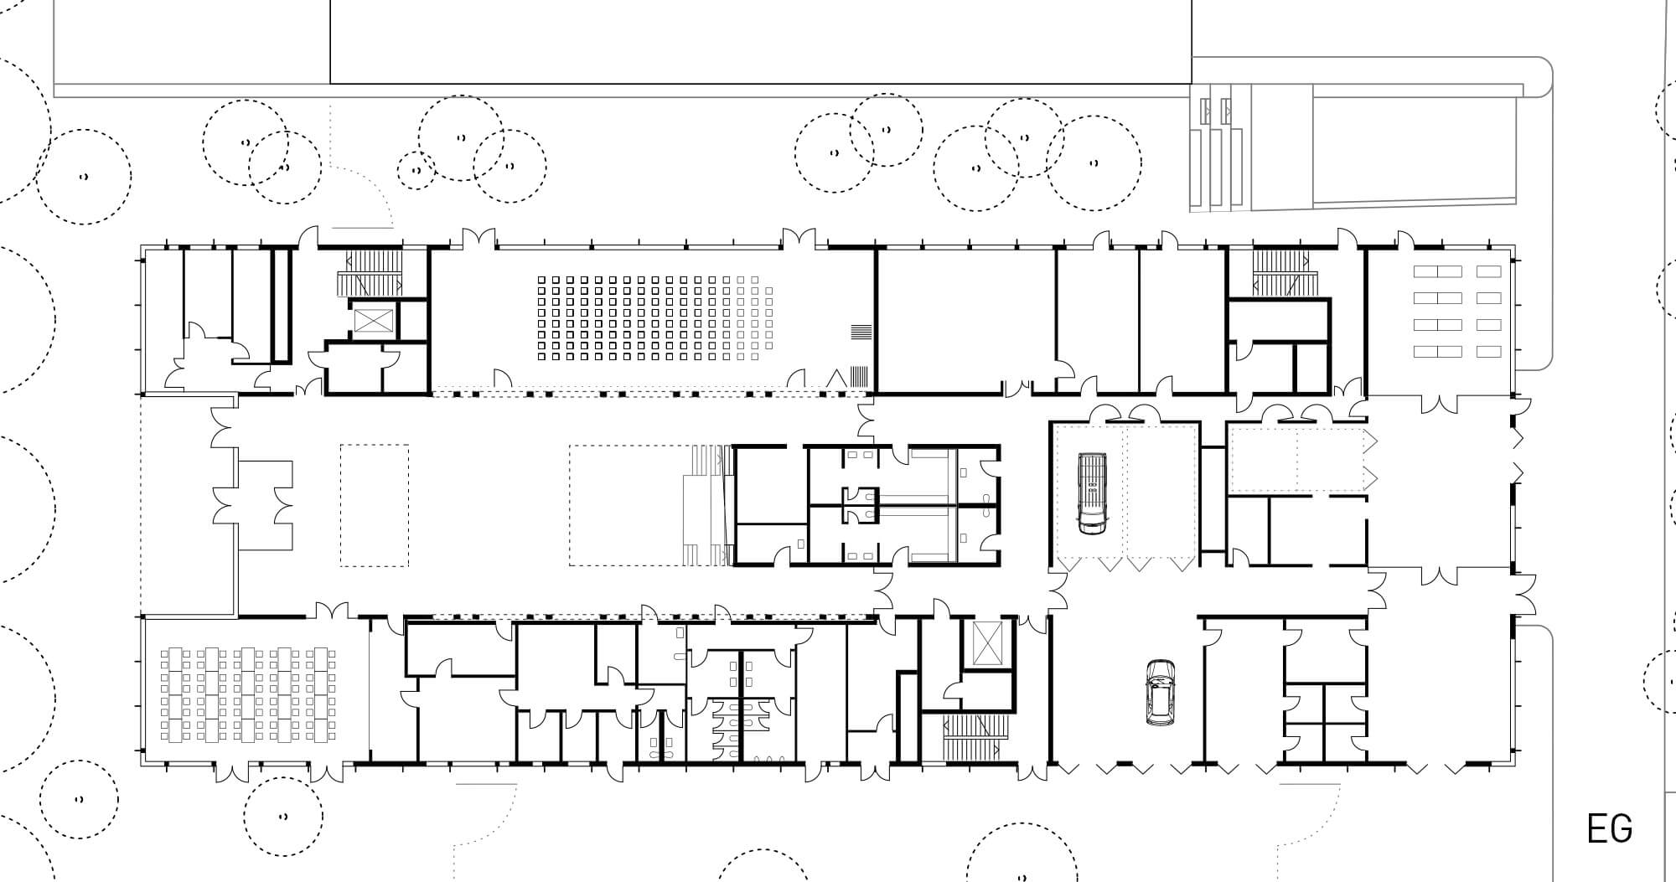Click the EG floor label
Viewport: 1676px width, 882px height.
pyautogui.click(x=1610, y=828)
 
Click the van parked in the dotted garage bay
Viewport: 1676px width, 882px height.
pyautogui.click(x=1090, y=493)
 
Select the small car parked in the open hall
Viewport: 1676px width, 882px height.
pyautogui.click(x=1161, y=692)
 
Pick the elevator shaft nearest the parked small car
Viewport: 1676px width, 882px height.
pyautogui.click(x=985, y=644)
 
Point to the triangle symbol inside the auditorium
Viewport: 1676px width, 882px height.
pyautogui.click(x=835, y=378)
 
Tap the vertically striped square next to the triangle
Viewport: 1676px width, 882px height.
pyautogui.click(x=860, y=376)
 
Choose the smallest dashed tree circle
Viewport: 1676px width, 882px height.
pyautogui.click(x=416, y=171)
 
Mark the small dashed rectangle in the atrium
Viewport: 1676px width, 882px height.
pyautogui.click(x=375, y=504)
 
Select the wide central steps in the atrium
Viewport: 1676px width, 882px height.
pyautogui.click(x=707, y=504)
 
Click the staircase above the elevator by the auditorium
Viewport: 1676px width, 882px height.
pyautogui.click(x=371, y=274)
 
